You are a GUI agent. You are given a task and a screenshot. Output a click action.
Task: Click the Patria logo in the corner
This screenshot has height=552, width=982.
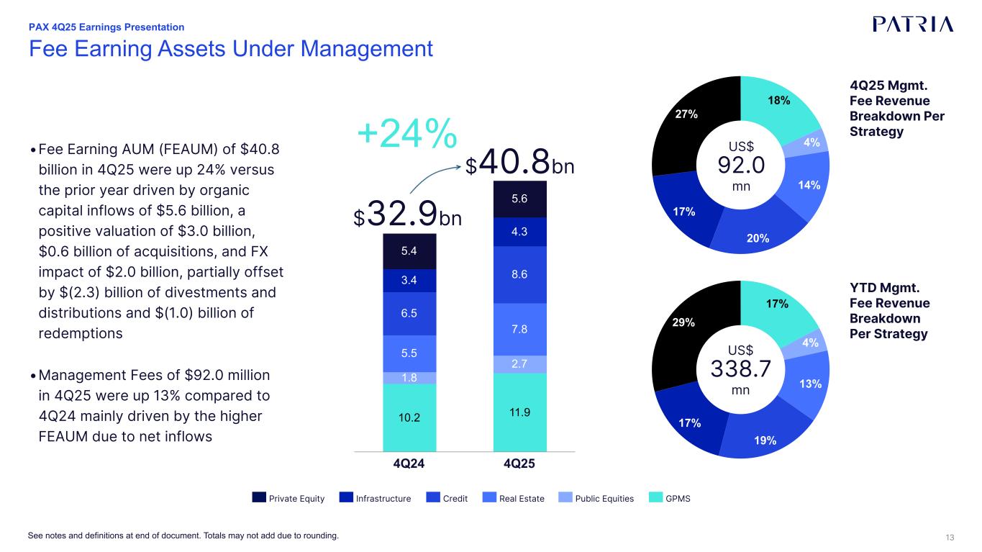913,24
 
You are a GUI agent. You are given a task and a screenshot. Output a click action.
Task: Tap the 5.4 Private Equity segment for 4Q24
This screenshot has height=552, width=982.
409,251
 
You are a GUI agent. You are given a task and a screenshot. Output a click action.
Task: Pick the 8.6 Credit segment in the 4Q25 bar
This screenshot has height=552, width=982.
520,274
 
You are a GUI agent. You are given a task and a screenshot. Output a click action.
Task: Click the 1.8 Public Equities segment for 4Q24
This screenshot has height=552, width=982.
409,378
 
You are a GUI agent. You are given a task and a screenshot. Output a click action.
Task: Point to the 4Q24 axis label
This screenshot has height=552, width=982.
409,463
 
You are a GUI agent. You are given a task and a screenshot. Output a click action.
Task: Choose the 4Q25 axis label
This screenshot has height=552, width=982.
519,463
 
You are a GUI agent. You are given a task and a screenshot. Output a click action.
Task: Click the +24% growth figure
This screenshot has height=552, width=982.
407,132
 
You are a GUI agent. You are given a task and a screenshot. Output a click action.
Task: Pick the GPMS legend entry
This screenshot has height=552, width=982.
670,498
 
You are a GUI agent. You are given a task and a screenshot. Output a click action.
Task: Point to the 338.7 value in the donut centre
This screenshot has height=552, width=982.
741,369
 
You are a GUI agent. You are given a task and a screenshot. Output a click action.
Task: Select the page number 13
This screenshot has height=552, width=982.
950,537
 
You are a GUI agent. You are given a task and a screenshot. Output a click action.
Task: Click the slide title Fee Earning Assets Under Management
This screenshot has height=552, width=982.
230,49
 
